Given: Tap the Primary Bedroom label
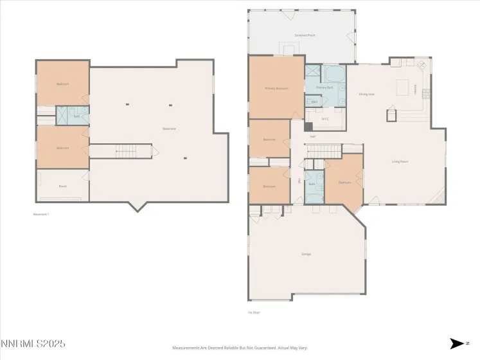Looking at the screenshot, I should pyautogui.click(x=276, y=88).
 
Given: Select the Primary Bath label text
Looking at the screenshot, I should pyautogui.click(x=324, y=87).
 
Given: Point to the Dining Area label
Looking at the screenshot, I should pyautogui.click(x=366, y=94).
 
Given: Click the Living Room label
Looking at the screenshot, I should pyautogui.click(x=400, y=161).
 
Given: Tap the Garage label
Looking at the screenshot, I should pyautogui.click(x=306, y=254).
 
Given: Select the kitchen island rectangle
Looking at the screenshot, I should pyautogui.click(x=403, y=85).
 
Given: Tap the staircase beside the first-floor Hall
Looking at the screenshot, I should pyautogui.click(x=323, y=150).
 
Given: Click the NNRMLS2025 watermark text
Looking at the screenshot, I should pyautogui.click(x=33, y=345).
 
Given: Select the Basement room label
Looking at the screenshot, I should pyautogui.click(x=169, y=129).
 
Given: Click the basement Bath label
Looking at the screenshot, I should pyautogui.click(x=76, y=116).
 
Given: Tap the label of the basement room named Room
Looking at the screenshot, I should pyautogui.click(x=63, y=186).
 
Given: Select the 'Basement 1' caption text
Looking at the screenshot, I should pyautogui.click(x=41, y=214).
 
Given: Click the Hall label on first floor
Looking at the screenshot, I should pyautogui.click(x=313, y=136).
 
